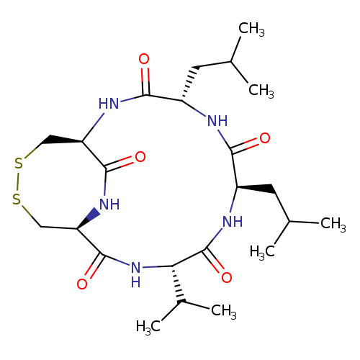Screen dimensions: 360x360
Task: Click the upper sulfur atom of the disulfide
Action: coord(19,163)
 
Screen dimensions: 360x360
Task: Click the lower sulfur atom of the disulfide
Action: coord(17,199)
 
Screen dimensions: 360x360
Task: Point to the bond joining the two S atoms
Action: coord(17,181)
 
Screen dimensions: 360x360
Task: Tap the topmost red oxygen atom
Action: coord(144,59)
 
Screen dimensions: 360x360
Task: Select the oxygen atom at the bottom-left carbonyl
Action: coord(82,284)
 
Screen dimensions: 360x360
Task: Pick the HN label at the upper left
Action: coord(109,104)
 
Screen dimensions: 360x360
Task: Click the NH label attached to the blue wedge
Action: coord(109,204)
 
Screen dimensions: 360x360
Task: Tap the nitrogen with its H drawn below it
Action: coord(136,274)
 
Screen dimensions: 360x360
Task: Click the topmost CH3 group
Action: coord(251,29)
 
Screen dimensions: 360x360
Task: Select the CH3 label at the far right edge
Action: coord(333,224)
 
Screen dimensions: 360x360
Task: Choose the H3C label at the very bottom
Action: coord(148,327)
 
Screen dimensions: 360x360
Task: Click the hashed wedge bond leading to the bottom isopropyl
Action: coord(177,284)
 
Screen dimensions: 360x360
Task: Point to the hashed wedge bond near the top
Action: coord(189,84)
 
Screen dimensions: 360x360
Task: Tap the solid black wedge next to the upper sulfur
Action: coord(62,140)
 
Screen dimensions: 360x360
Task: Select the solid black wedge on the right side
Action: coord(256,189)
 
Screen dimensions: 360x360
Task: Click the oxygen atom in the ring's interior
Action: coord(140,157)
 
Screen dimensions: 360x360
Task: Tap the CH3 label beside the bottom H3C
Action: coord(224,311)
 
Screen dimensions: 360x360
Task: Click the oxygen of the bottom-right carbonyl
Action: coord(227,278)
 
